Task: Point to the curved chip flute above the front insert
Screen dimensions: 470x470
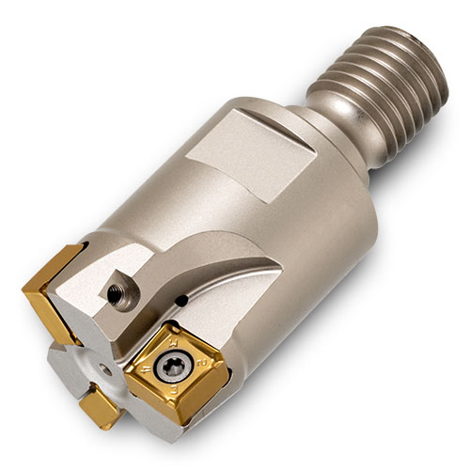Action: click(x=226, y=282)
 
